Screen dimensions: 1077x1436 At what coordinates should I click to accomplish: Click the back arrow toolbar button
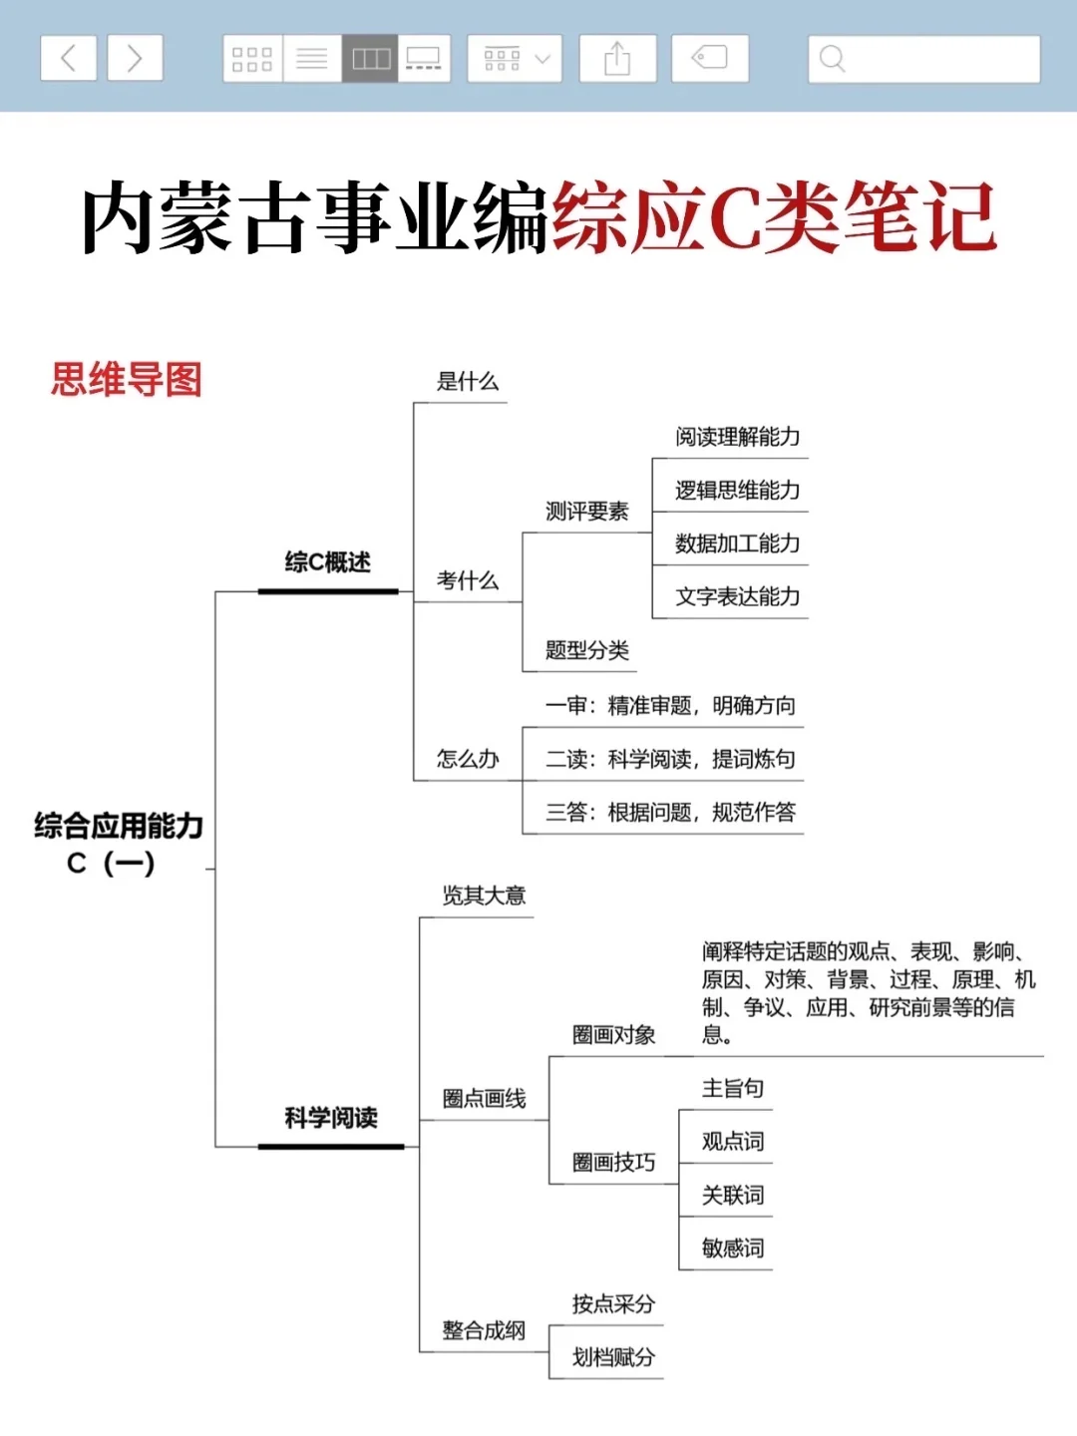(x=68, y=58)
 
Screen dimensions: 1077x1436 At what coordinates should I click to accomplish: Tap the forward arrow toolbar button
(x=135, y=58)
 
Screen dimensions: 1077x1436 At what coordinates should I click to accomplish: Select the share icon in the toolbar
(x=617, y=58)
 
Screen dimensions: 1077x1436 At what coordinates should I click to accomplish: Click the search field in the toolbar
(x=923, y=59)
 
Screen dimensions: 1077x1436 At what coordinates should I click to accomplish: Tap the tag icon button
(x=709, y=58)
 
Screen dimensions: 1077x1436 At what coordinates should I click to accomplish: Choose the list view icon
(x=312, y=58)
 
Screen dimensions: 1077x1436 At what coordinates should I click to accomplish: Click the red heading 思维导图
(x=127, y=380)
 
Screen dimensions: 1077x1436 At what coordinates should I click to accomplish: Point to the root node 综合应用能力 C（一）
(x=118, y=843)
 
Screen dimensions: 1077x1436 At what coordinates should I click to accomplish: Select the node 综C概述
(x=327, y=562)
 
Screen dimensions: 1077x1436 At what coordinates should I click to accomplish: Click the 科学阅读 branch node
(x=331, y=1118)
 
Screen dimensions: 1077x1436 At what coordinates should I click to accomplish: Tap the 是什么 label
(x=467, y=381)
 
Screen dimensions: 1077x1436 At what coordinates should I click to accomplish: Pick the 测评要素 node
(x=586, y=512)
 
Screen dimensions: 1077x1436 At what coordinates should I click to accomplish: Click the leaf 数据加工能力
(x=737, y=543)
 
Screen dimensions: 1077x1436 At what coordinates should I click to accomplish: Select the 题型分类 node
(x=586, y=651)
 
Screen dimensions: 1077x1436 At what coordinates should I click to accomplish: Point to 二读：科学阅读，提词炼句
(x=670, y=760)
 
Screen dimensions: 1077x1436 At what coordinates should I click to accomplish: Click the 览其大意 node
(x=484, y=896)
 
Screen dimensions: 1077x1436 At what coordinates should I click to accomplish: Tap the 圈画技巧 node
(x=613, y=1163)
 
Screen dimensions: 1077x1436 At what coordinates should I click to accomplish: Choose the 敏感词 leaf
(x=733, y=1249)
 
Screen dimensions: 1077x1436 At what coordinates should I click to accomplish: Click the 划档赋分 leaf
(x=613, y=1357)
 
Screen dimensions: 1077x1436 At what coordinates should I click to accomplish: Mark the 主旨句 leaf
(x=733, y=1088)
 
